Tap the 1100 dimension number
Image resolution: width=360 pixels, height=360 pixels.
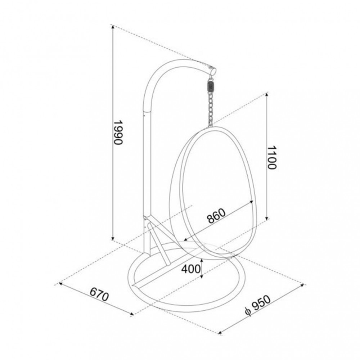click(271, 157)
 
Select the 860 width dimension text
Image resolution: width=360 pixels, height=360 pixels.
click(216, 216)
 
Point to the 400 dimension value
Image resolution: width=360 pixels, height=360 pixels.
click(191, 269)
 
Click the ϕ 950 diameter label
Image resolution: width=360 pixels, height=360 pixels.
click(258, 305)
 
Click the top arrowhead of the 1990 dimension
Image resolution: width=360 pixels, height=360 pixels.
click(112, 27)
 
